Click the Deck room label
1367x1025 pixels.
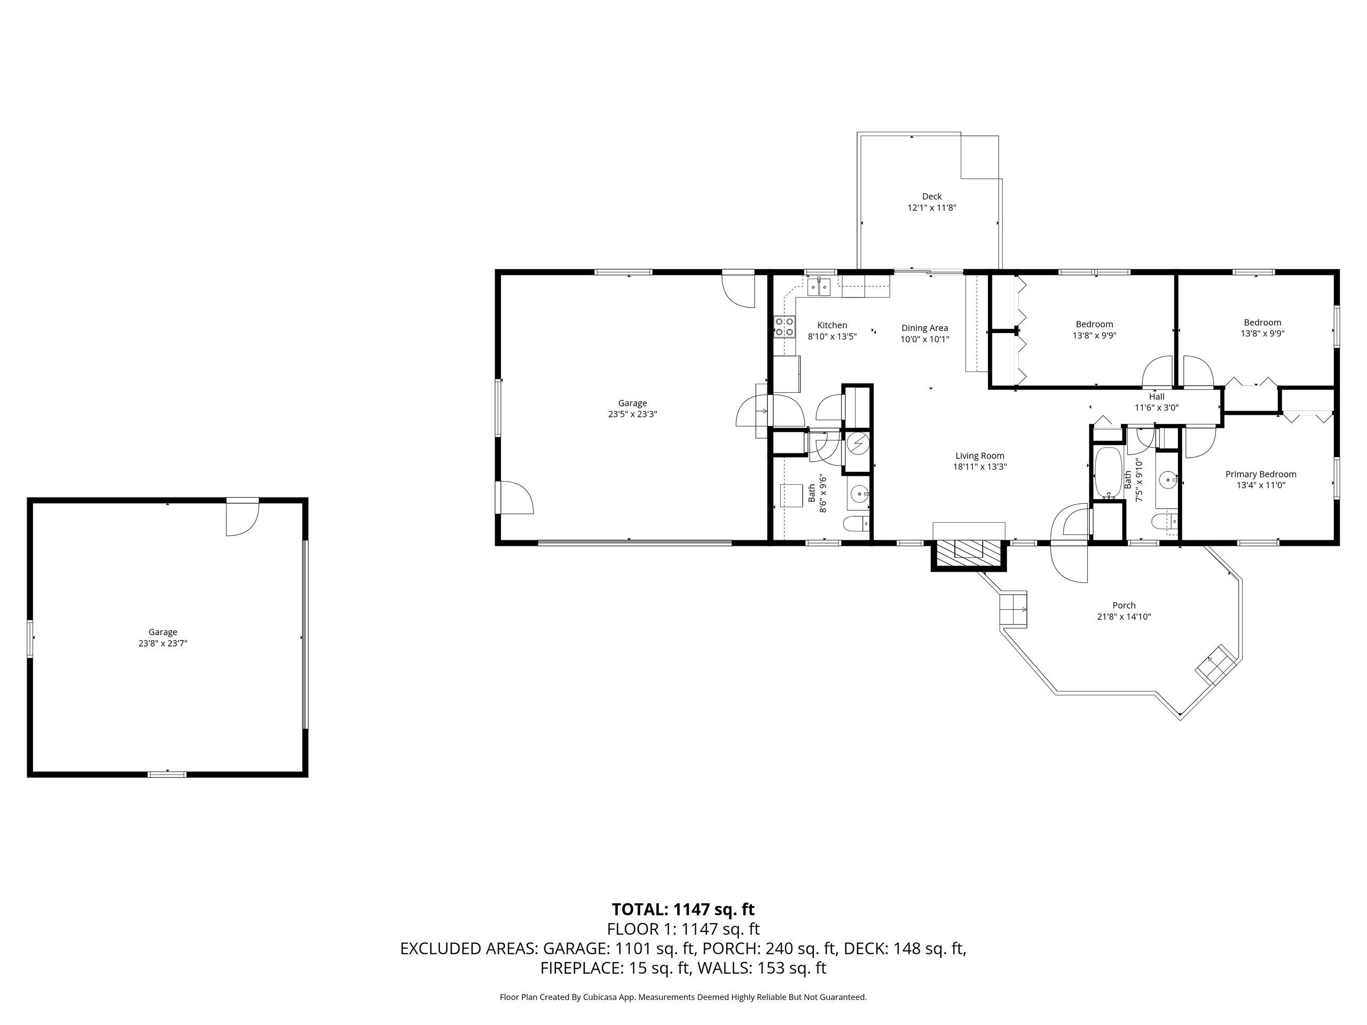[x=932, y=196]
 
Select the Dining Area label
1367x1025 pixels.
[x=924, y=328]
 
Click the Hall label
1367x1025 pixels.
[x=1156, y=397]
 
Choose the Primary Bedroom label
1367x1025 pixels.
[x=1261, y=474]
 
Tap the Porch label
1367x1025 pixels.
[x=1124, y=605]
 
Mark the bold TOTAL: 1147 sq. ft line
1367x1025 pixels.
[x=683, y=910]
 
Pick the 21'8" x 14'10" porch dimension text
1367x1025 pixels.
[x=1124, y=617]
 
